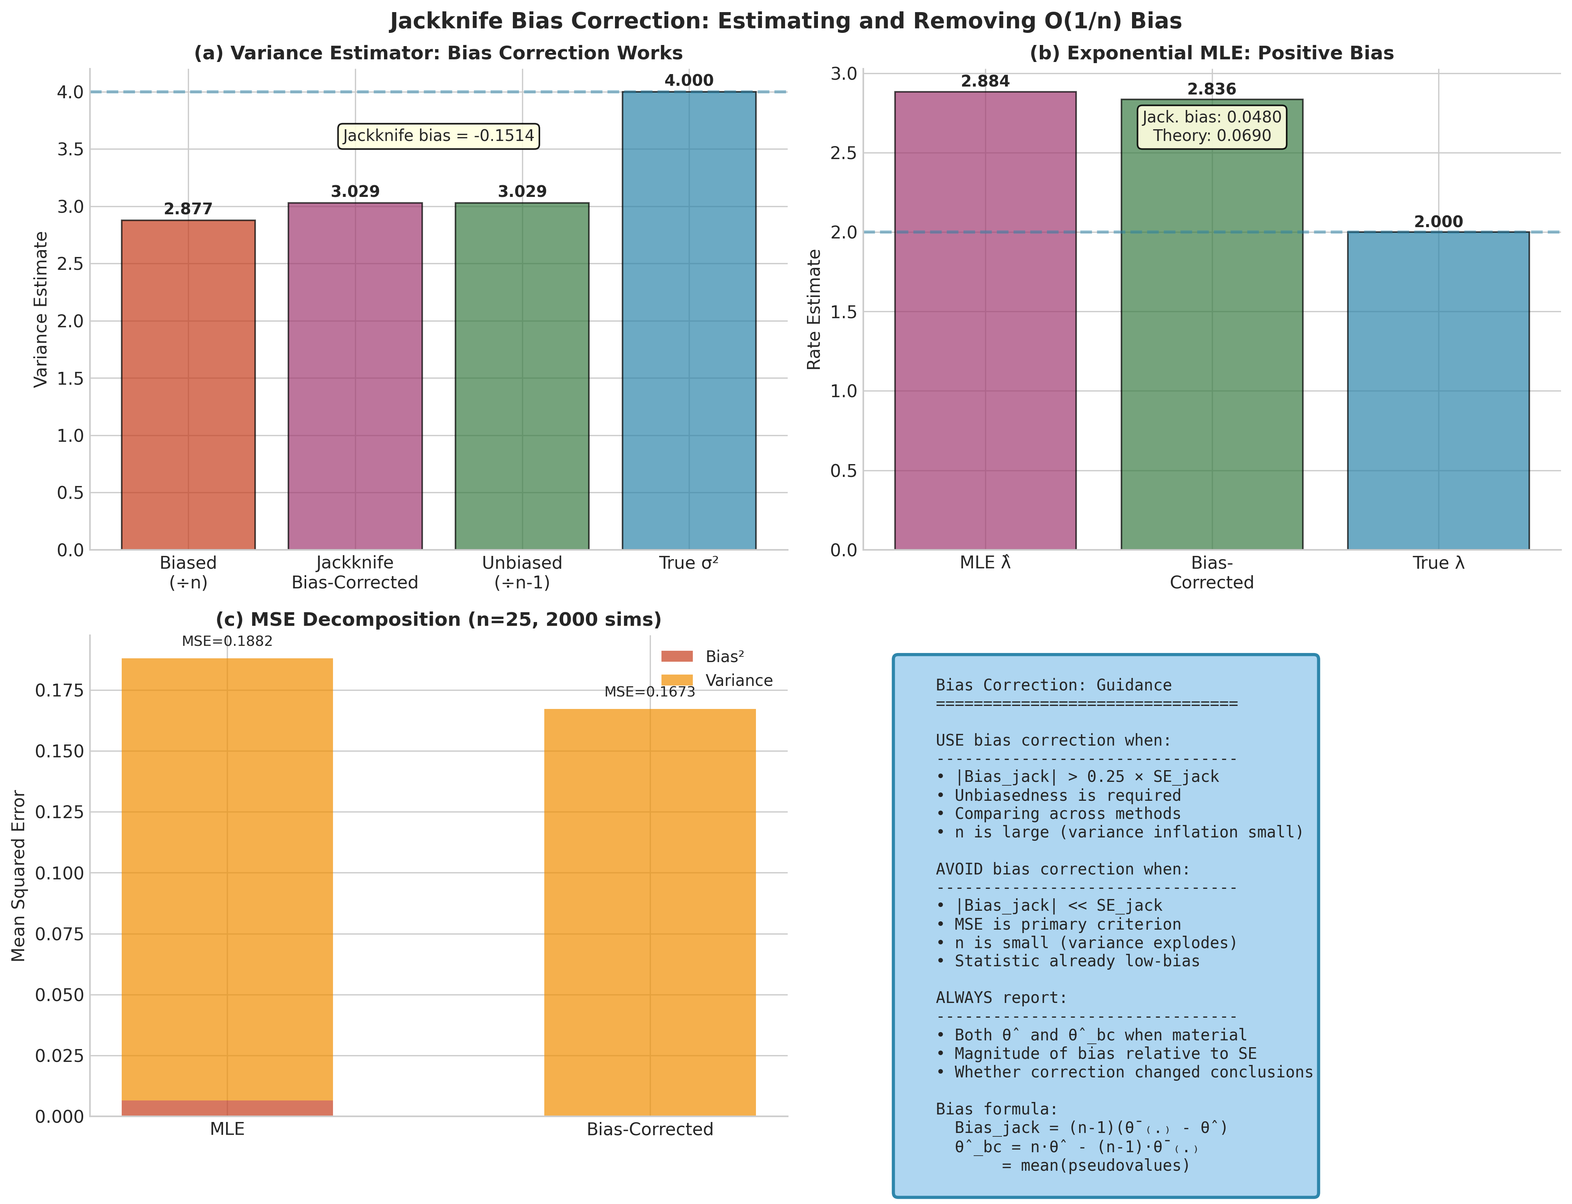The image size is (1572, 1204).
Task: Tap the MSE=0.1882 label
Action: [227, 641]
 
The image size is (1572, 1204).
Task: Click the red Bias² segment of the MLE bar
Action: [227, 1108]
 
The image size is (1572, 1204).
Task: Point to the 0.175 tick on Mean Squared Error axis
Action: [59, 690]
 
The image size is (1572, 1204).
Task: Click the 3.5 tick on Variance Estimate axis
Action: [70, 149]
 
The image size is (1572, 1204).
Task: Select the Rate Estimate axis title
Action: [814, 310]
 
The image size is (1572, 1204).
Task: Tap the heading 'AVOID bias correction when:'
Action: [1062, 869]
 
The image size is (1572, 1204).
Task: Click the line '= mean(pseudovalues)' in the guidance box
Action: [1095, 1165]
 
